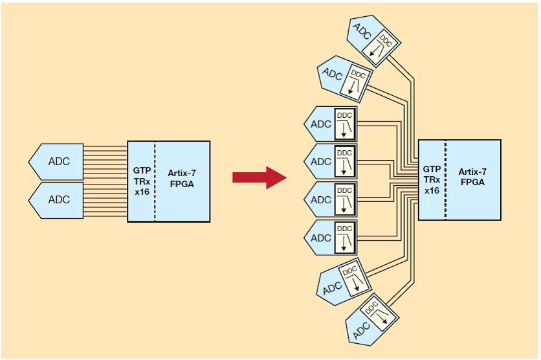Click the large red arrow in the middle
[259, 177]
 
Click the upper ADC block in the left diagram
[56, 161]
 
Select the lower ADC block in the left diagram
[56, 199]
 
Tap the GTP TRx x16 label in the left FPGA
[142, 181]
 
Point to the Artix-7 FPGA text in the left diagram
[181, 177]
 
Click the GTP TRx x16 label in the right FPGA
[432, 179]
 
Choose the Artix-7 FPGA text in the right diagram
[473, 176]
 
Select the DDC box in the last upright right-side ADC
[344, 238]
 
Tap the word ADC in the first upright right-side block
[321, 124]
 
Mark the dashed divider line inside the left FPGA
[155, 181]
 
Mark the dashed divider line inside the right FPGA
[445, 179]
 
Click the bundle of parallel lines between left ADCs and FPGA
[105, 181]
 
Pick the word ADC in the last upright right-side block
[321, 238]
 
